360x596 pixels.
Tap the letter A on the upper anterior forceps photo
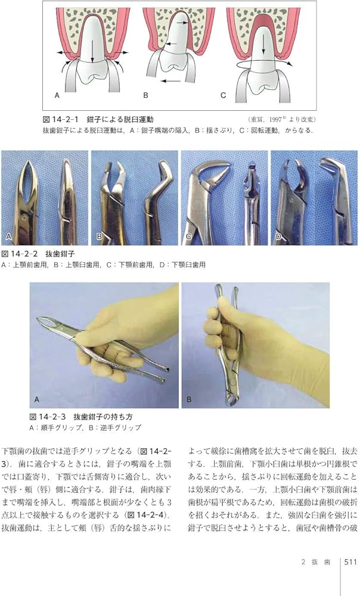click(x=9, y=237)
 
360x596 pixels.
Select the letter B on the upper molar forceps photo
click(x=99, y=237)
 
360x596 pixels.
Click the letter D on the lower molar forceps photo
click(x=278, y=237)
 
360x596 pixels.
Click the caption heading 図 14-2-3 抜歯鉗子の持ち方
click(x=83, y=416)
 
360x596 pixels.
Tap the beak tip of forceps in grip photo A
click(x=40, y=321)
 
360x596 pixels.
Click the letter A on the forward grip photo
click(x=37, y=399)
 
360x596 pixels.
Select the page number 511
click(x=349, y=576)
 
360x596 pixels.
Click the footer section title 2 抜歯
click(x=315, y=576)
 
